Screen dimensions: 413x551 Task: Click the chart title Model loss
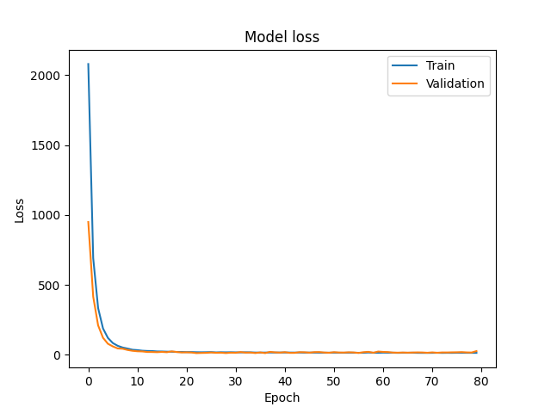[x=282, y=37]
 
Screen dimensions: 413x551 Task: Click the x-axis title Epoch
[x=282, y=398]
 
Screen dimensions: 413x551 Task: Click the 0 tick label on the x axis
[x=88, y=380]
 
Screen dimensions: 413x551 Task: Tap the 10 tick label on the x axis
[x=137, y=380]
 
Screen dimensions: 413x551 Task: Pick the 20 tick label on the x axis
[x=186, y=380]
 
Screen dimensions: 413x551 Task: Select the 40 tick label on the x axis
[x=284, y=380]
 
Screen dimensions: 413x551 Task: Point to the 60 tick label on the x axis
[x=382, y=380]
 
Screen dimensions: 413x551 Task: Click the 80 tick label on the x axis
[x=480, y=380]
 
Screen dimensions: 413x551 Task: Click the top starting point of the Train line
[x=88, y=64]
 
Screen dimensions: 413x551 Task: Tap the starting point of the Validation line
[x=88, y=222]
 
